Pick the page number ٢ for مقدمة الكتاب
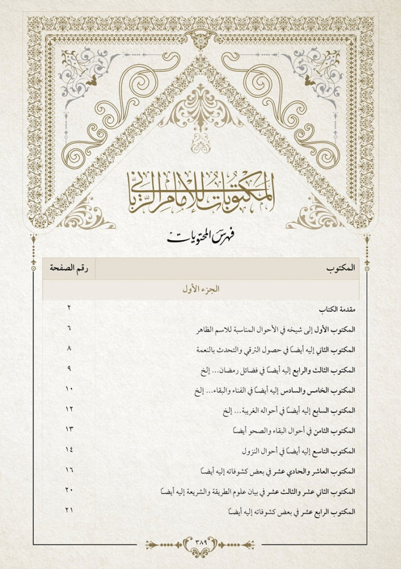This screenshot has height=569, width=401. tap(68, 308)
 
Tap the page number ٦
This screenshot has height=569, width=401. tap(69, 328)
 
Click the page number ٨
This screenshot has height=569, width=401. tap(69, 348)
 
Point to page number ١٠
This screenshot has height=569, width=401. tap(69, 389)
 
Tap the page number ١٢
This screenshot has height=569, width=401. tap(69, 409)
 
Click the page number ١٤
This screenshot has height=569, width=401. tap(69, 449)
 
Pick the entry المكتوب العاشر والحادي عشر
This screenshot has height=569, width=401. tap(279, 471)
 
